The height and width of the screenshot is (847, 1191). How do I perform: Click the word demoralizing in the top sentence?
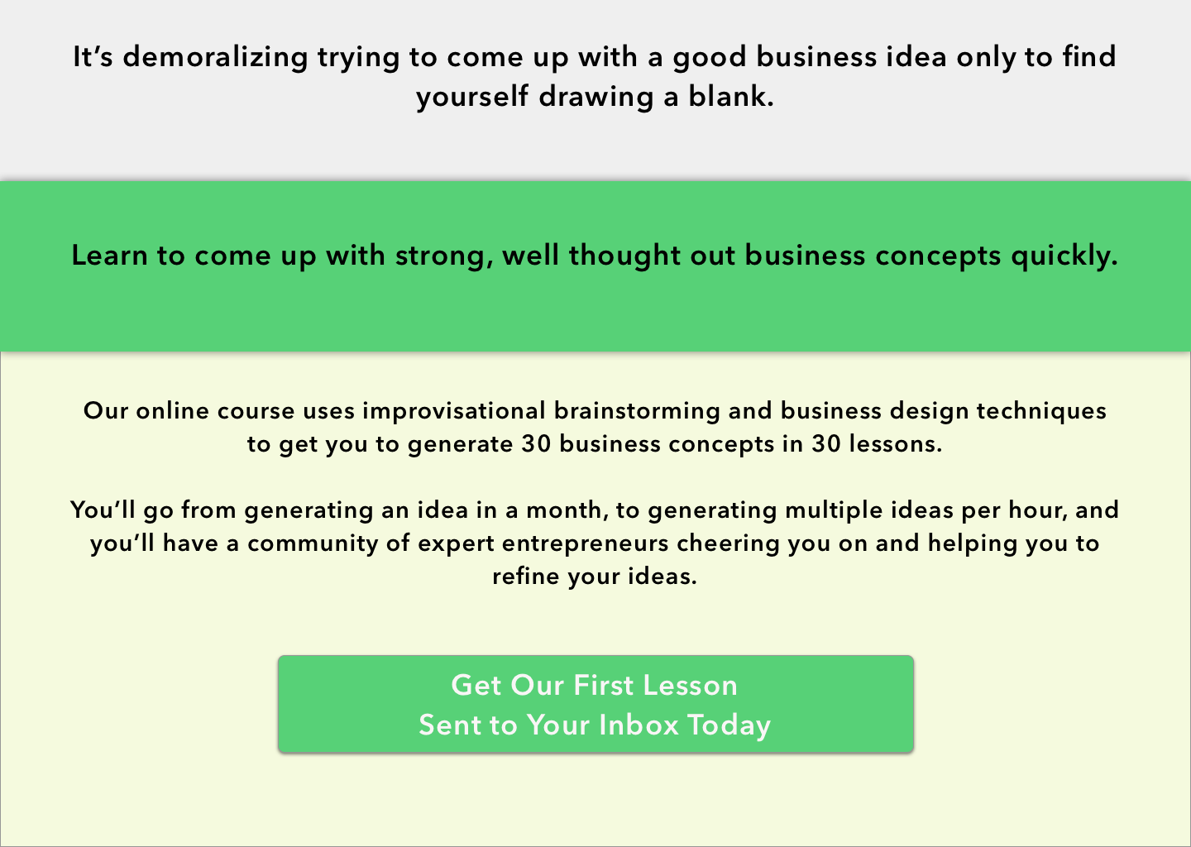pyautogui.click(x=215, y=57)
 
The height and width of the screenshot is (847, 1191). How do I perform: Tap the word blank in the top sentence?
pyautogui.click(x=730, y=97)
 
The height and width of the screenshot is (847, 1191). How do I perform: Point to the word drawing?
pyautogui.click(x=596, y=98)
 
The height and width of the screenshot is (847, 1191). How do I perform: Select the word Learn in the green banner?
pyautogui.click(x=109, y=256)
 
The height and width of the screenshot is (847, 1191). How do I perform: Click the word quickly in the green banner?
pyautogui.click(x=1064, y=256)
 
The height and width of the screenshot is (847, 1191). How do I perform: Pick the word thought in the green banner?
pyautogui.click(x=624, y=256)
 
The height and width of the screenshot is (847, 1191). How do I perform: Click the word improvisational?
pyautogui.click(x=454, y=412)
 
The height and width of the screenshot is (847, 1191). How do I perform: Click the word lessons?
pyautogui.click(x=896, y=444)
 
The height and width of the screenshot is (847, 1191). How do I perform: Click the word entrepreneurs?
pyautogui.click(x=585, y=544)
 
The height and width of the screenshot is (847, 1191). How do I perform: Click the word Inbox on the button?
pyautogui.click(x=639, y=725)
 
